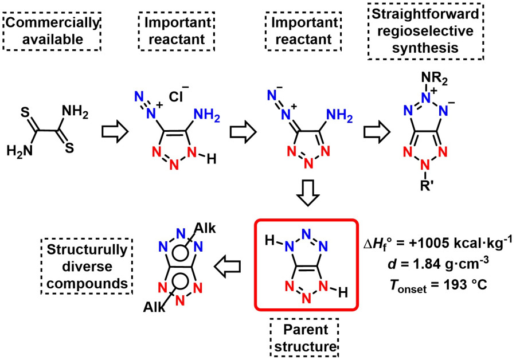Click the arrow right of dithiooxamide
coord(111,132)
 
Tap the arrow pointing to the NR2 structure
coord(375,132)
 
